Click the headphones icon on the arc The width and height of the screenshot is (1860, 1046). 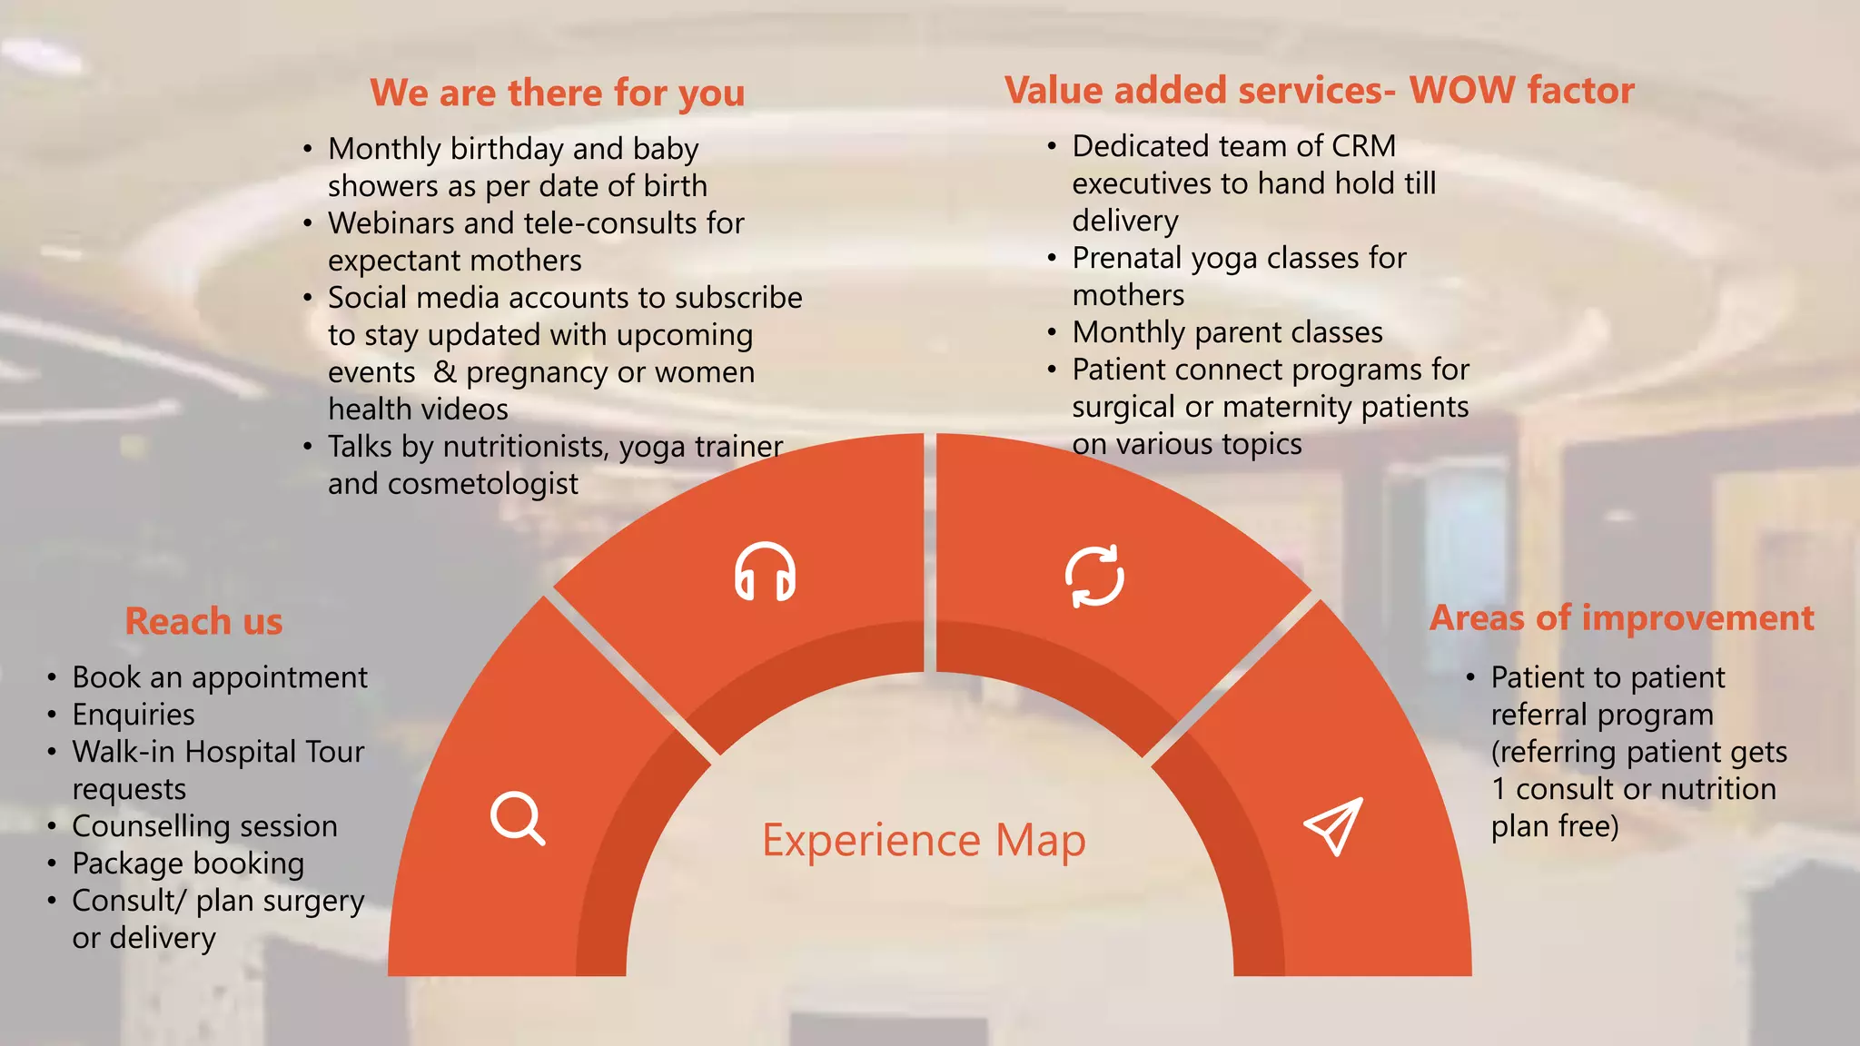click(765, 572)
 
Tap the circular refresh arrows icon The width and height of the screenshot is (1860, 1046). click(1094, 576)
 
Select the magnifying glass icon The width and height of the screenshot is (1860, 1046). click(518, 818)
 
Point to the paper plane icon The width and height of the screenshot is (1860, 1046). click(1333, 825)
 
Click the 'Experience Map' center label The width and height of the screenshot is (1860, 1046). click(924, 840)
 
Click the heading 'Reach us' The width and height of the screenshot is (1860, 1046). click(203, 622)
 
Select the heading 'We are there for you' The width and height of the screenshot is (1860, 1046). click(557, 93)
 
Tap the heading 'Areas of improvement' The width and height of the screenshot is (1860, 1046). click(1621, 618)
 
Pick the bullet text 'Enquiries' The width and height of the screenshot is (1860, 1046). click(134, 715)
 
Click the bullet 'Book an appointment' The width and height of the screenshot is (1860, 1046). click(220, 677)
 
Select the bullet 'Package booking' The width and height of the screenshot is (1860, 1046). click(188, 863)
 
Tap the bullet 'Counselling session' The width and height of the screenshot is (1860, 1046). click(204, 826)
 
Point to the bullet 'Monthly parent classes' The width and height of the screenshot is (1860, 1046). click(1227, 332)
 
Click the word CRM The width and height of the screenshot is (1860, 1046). click(1364, 146)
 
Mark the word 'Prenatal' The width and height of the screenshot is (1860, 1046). click(1127, 258)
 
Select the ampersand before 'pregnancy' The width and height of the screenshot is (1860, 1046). click(445, 372)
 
